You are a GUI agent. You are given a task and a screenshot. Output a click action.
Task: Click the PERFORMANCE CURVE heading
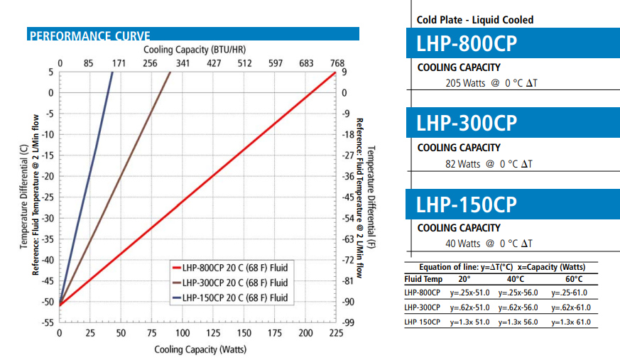[x=89, y=36]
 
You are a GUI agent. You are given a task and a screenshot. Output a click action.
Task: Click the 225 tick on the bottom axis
[x=335, y=333]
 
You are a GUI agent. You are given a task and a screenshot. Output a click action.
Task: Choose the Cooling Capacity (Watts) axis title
[x=200, y=349]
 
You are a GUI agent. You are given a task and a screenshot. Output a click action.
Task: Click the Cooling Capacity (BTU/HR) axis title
[x=196, y=50]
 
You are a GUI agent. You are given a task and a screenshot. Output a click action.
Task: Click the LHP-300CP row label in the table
[x=422, y=307]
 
